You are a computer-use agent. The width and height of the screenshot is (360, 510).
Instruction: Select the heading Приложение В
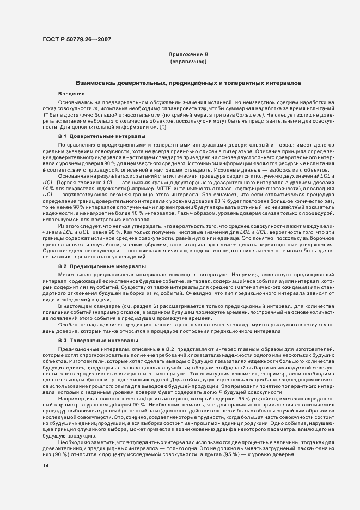click(x=188, y=55)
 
